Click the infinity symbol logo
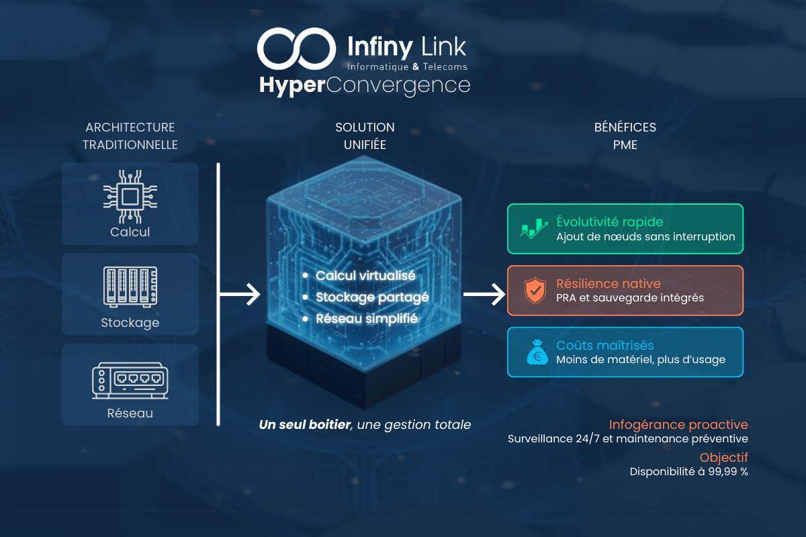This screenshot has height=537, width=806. [x=296, y=48]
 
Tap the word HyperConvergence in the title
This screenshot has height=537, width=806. [x=365, y=86]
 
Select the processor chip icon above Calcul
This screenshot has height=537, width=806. [x=130, y=196]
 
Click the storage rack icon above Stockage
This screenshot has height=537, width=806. [x=130, y=287]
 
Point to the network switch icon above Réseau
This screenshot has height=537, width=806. [x=130, y=379]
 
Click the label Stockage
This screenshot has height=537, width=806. [x=130, y=323]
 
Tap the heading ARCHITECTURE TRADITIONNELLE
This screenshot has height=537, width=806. [x=130, y=136]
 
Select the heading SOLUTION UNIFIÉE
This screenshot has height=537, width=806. [x=365, y=136]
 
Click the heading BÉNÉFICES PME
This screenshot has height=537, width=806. [x=625, y=136]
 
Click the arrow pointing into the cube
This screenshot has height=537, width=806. [x=242, y=293]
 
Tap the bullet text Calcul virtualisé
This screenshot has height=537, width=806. [x=365, y=276]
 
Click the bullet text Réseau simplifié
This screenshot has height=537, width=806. [x=367, y=319]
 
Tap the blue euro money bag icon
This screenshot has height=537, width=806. [x=535, y=352]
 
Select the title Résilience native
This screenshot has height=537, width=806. [x=608, y=283]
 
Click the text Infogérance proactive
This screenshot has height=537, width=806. [x=678, y=425]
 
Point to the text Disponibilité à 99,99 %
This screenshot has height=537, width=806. [x=688, y=471]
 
